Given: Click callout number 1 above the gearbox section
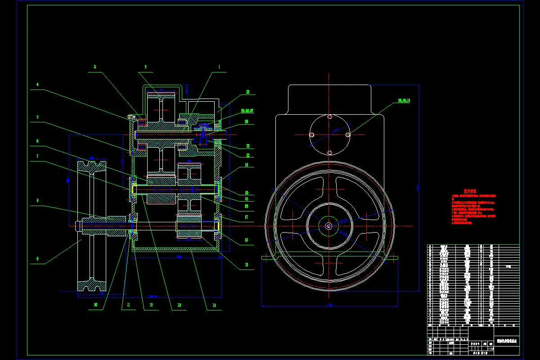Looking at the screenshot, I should [x=219, y=67].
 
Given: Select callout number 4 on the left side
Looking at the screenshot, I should [x=38, y=84].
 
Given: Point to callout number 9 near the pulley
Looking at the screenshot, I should [x=38, y=259].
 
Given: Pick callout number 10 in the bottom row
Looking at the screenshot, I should [x=95, y=305].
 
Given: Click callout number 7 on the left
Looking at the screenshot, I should [x=38, y=156].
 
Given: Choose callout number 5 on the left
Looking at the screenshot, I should [x=38, y=117].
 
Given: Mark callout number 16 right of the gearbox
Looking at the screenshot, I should [x=246, y=240].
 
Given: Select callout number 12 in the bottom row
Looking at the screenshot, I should [x=151, y=305].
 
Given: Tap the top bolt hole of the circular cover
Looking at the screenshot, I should [x=330, y=117].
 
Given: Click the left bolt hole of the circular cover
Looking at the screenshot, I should [x=311, y=134].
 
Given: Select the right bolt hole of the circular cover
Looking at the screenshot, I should [x=347, y=134].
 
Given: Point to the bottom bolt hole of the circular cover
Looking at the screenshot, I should [x=330, y=153].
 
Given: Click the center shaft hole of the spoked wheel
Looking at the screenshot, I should [x=329, y=226].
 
